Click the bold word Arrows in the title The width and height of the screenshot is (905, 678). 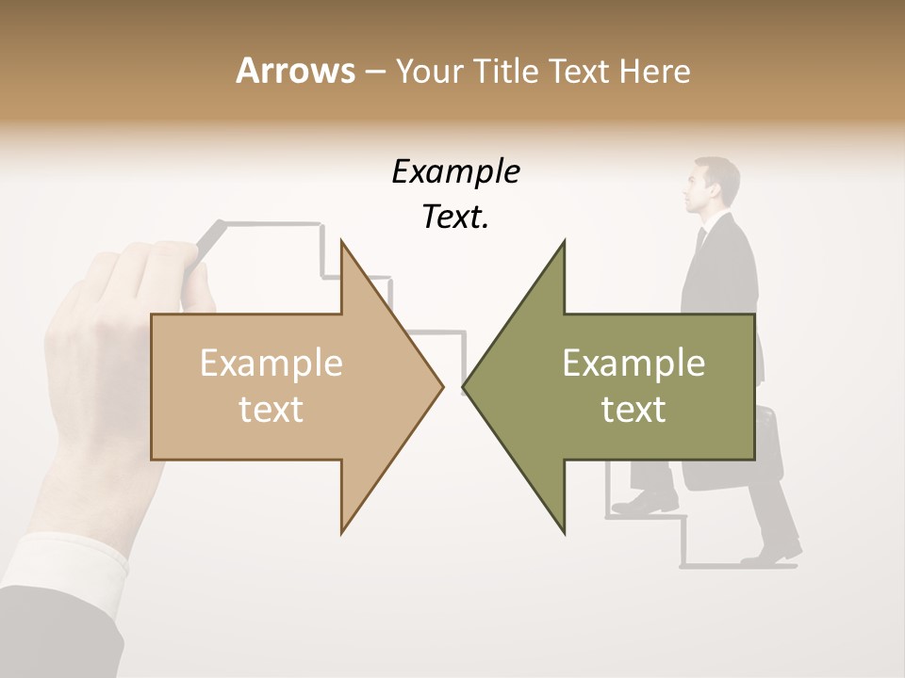[295, 71]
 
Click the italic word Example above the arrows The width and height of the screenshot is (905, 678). [455, 171]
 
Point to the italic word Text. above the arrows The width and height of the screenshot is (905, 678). [455, 218]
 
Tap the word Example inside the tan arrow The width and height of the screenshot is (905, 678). [271, 363]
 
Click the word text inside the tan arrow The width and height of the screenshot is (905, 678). [271, 409]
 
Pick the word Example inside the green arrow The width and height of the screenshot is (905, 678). [633, 363]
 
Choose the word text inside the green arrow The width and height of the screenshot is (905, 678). [633, 409]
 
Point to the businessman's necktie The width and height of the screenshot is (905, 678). [699, 239]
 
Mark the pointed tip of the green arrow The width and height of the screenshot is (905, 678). [465, 386]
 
